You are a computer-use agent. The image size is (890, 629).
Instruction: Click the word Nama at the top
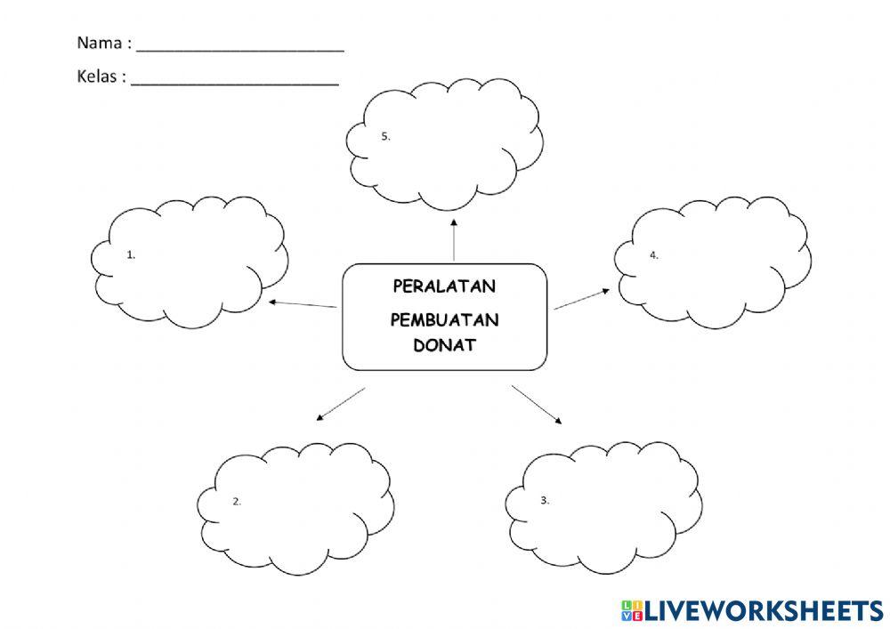[x=98, y=42]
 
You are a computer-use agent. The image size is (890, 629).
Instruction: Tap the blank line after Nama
[x=240, y=49]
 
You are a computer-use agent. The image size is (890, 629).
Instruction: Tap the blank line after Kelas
[x=235, y=83]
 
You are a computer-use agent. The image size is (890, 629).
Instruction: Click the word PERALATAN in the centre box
[x=444, y=286]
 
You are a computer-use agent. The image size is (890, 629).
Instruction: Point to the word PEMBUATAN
[x=444, y=320]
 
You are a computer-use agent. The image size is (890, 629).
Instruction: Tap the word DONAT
[x=444, y=346]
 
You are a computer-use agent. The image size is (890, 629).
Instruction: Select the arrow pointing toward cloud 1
[x=303, y=304]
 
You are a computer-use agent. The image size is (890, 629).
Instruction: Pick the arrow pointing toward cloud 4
[x=582, y=299]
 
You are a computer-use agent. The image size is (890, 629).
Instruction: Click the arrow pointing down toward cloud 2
[x=340, y=403]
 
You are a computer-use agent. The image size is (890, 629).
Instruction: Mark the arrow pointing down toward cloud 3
[x=538, y=405]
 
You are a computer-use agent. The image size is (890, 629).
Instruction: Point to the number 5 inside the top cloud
[x=385, y=136]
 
